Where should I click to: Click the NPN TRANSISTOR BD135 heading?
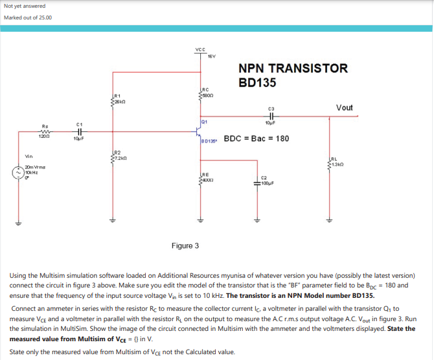[x=293, y=75]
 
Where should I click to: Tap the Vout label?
[x=344, y=107]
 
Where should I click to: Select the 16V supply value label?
[x=211, y=56]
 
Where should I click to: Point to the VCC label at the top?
[x=200, y=50]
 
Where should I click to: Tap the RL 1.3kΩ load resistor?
[x=329, y=164]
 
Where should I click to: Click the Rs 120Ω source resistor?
[x=45, y=131]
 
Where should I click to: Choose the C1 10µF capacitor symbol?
[x=78, y=131]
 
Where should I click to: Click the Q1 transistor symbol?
[x=198, y=131]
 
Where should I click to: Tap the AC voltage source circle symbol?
[x=18, y=174]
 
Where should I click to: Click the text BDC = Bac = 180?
[x=256, y=139]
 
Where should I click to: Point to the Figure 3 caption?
[x=185, y=246]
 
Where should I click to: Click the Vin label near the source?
[x=29, y=156]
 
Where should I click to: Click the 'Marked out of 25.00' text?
[x=28, y=17]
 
